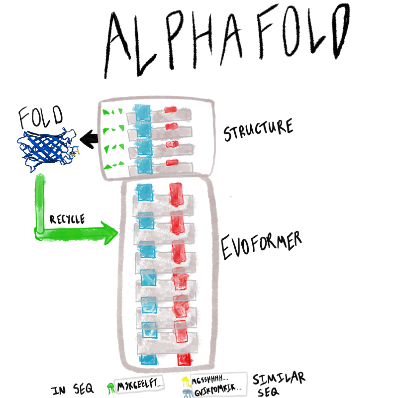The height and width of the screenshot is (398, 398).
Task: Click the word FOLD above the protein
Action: [41, 117]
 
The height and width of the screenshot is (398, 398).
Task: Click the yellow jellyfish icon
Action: [185, 381]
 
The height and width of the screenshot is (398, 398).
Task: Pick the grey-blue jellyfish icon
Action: [186, 393]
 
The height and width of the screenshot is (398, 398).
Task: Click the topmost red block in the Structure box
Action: [171, 109]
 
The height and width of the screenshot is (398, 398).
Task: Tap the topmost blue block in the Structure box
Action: [142, 113]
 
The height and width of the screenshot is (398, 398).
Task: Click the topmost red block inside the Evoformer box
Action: [176, 193]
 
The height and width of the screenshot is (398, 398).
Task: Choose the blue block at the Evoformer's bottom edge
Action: [148, 359]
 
